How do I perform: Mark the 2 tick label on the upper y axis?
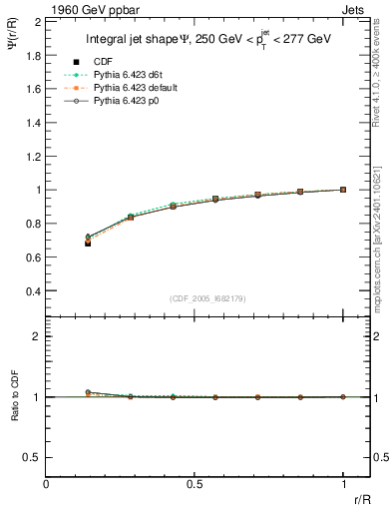coord(36,21)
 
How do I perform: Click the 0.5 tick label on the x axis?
coord(195,483)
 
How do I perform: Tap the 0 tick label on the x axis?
coord(46,483)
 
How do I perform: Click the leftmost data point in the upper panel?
coord(88,242)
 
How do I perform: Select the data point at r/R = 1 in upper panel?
coord(343,189)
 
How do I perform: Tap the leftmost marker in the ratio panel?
coord(88,392)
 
